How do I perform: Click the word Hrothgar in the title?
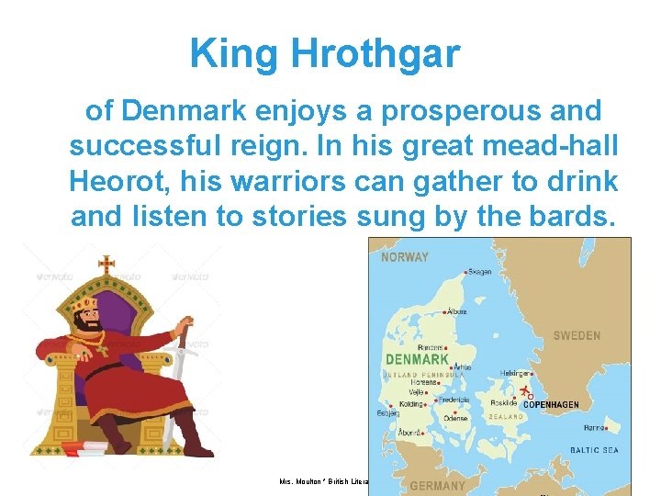[x=375, y=54]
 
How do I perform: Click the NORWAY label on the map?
[x=405, y=257]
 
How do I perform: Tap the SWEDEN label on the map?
[x=577, y=336]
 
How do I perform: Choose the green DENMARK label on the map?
[x=416, y=359]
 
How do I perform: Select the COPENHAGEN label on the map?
[x=564, y=404]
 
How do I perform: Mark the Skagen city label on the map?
[x=478, y=272]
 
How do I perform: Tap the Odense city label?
[x=455, y=418]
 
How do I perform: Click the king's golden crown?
[x=85, y=304]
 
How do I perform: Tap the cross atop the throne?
[x=106, y=264]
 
